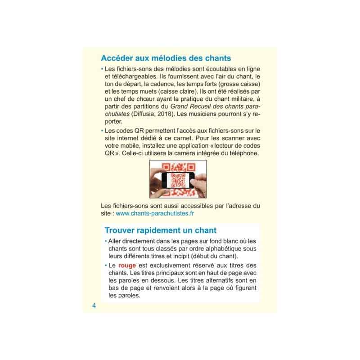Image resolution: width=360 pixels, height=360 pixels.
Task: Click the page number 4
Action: (x=94, y=306)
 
